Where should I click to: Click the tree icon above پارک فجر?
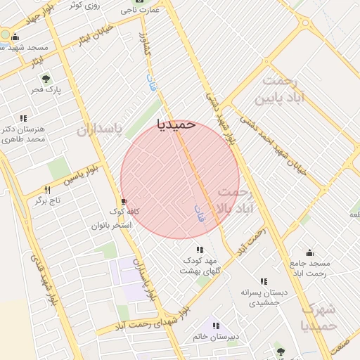coord(46,79)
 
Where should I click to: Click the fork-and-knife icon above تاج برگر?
coord(47,190)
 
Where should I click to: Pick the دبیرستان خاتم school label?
coord(216,337)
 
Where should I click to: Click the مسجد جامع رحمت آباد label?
coord(310,268)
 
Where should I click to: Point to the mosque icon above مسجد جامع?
coord(309,252)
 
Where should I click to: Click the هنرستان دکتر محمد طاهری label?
coord(24,134)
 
